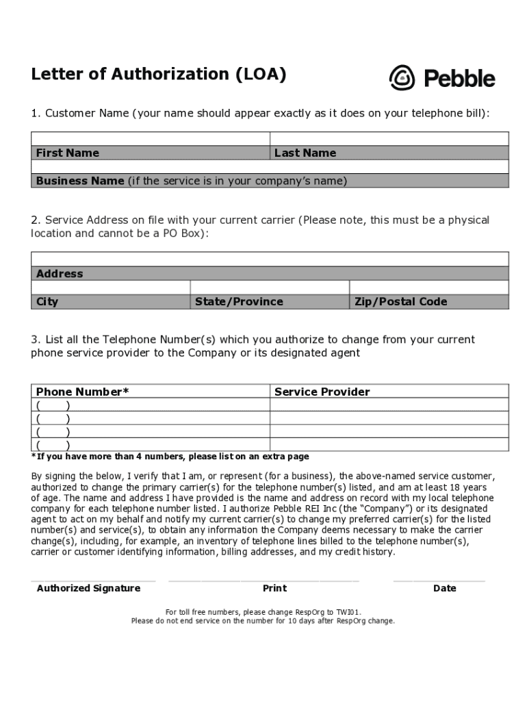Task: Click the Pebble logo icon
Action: point(402,78)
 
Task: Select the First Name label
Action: point(67,153)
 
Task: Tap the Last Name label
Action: point(305,153)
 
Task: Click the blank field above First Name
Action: point(151,138)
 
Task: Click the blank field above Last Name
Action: point(389,138)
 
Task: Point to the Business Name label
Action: point(80,181)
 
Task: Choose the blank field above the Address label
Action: point(270,259)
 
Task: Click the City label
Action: point(47,301)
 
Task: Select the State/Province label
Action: point(238,301)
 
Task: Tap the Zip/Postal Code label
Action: point(400,301)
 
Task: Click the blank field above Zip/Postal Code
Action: point(429,287)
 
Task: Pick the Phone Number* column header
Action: point(82,392)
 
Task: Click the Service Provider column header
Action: point(322,392)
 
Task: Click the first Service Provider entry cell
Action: point(389,405)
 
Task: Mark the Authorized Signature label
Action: point(88,588)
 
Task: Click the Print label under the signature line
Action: point(274,588)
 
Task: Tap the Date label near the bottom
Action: point(444,588)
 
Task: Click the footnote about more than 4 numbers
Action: point(170,457)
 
